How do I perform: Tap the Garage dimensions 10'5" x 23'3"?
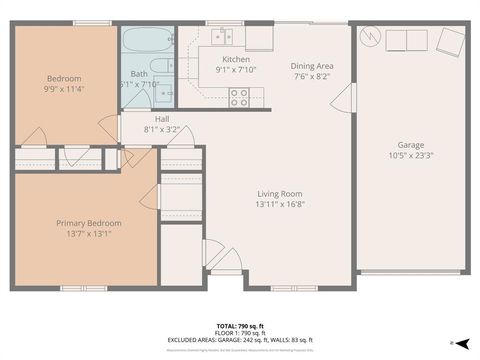(410, 155)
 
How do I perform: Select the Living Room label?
(280, 194)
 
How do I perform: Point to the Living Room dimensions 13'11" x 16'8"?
(280, 206)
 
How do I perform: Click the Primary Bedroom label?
(88, 223)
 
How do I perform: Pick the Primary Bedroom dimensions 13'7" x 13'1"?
(88, 235)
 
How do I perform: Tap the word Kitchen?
(236, 59)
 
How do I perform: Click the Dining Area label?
(313, 65)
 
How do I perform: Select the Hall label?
(161, 118)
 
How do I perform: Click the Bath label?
(138, 73)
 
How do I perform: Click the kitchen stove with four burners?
(240, 97)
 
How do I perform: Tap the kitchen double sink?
(222, 37)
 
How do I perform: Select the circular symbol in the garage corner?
(372, 36)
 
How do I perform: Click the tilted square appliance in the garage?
(449, 41)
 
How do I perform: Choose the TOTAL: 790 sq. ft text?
(240, 327)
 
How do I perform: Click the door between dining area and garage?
(346, 97)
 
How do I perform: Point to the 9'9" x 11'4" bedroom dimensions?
(64, 90)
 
